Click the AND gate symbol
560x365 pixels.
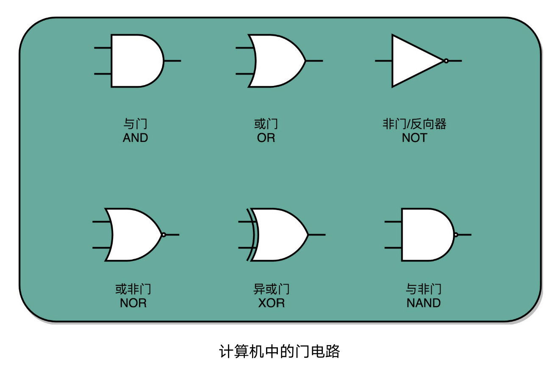coord(136,61)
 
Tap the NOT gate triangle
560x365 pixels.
coord(413,61)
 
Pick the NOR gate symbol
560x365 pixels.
coord(133,235)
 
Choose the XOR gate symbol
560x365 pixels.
coord(280,235)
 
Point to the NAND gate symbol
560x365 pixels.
coord(426,235)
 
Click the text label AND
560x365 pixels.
coord(136,138)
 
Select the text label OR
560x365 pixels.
coord(266,138)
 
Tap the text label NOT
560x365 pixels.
coord(414,138)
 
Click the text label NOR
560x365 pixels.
coord(133,303)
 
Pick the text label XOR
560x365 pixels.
coord(272,303)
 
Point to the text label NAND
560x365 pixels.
coord(424,303)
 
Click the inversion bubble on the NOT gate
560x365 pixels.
coord(446,61)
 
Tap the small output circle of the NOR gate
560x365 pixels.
coord(164,235)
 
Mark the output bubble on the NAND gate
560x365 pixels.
coord(456,235)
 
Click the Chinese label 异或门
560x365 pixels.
coord(272,290)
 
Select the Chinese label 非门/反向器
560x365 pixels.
coord(414,124)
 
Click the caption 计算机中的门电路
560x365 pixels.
coord(280,351)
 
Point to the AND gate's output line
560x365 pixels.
coord(173,61)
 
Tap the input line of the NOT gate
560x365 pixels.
coord(383,61)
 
